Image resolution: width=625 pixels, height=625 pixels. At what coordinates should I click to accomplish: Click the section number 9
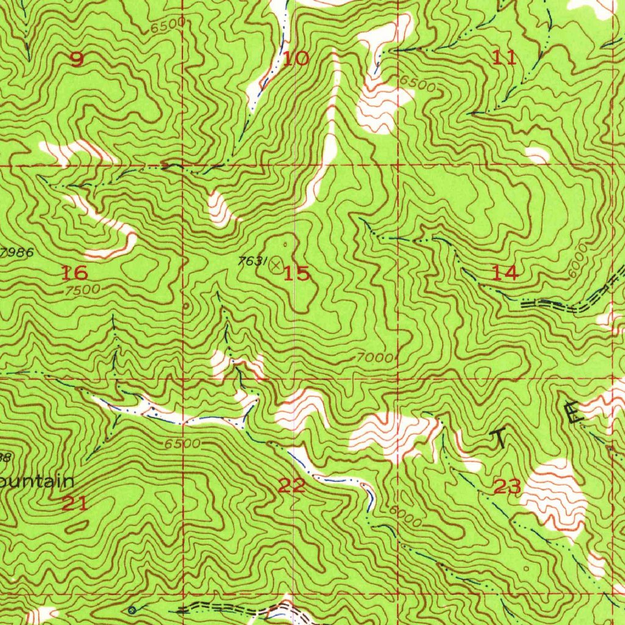pos(77,59)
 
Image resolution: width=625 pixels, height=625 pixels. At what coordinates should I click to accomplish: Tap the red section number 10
pos(296,59)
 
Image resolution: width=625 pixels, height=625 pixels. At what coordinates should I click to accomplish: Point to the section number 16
pos(74,272)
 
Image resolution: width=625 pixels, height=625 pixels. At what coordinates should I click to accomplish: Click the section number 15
pos(297,273)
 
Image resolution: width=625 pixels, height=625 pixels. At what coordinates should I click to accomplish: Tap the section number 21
pos(74,504)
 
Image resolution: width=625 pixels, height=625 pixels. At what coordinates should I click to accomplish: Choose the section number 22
pos(292,486)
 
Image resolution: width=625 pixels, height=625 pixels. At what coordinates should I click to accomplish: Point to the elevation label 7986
pos(17,251)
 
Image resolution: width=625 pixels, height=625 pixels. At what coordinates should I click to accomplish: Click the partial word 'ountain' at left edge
pos(37,481)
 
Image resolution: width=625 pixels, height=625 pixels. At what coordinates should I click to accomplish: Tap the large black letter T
pos(500,438)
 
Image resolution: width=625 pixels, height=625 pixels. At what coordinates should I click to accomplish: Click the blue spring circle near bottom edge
pos(132,609)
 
